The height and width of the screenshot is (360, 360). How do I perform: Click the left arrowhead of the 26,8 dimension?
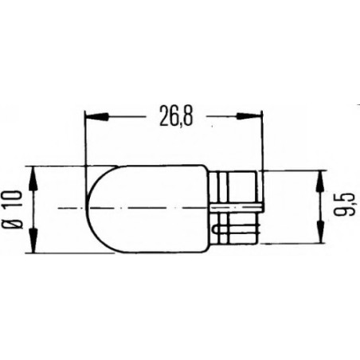coord(95,118)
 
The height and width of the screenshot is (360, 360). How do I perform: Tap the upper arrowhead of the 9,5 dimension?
coord(321,180)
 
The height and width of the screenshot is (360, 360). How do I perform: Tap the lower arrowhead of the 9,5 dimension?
coord(321,236)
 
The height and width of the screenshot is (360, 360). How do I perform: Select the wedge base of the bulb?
coord(237,208)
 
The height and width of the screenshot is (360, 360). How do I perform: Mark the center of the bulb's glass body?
coord(151,208)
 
